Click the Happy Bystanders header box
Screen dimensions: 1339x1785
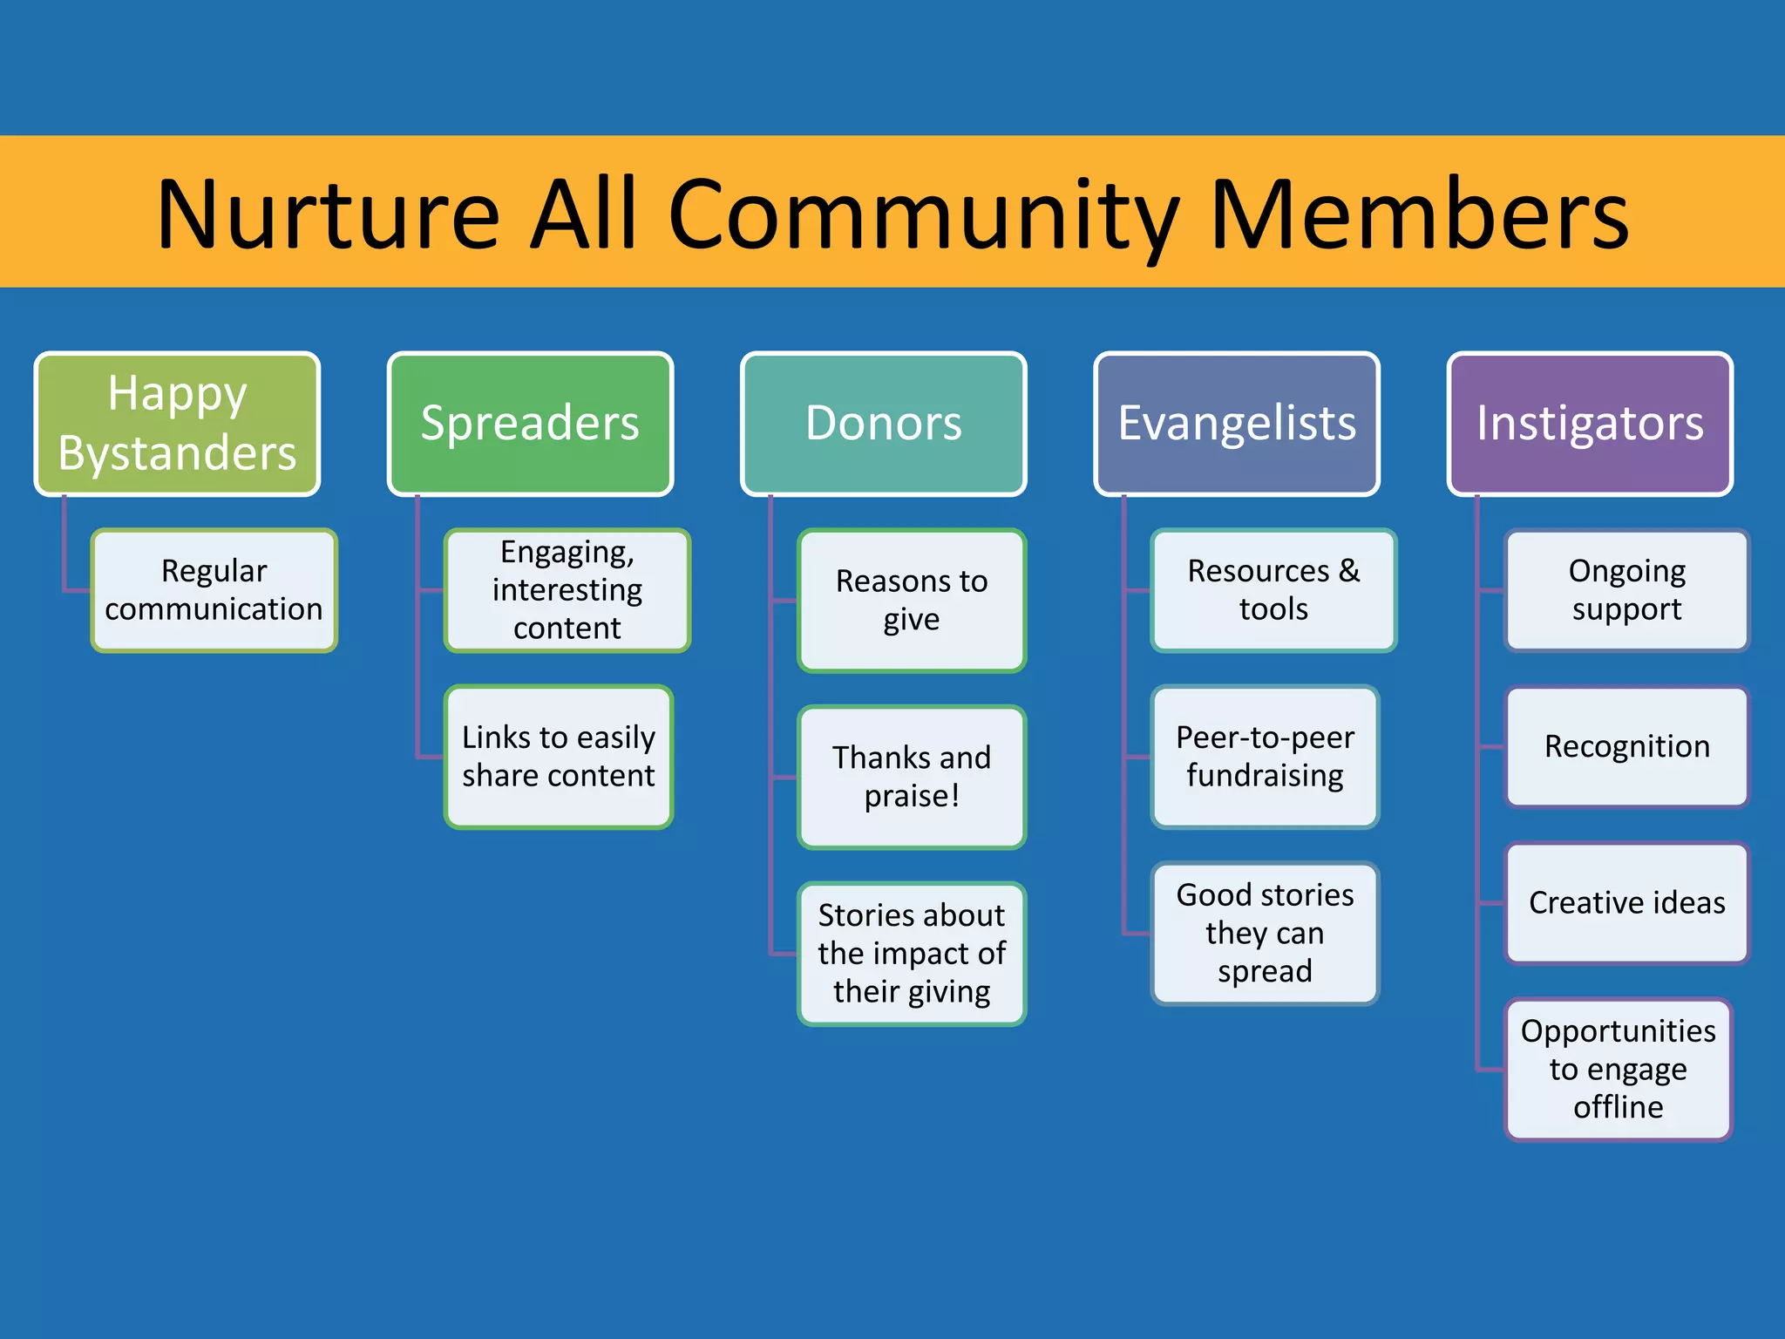(177, 424)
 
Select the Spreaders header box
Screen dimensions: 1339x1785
(530, 424)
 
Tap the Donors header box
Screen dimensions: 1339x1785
(883, 424)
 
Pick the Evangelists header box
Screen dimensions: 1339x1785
(1237, 424)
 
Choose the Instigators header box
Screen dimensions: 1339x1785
(1590, 424)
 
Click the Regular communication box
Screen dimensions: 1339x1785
(214, 590)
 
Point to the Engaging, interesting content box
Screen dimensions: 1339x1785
(567, 590)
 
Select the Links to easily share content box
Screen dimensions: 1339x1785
(559, 757)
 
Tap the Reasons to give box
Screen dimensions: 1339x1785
(912, 601)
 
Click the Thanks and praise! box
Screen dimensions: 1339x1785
(912, 777)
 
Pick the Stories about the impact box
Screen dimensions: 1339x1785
(912, 954)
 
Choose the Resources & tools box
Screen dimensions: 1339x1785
(1273, 590)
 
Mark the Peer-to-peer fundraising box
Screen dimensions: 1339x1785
(1265, 757)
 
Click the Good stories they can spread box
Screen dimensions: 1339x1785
(1265, 933)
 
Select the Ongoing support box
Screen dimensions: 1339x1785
(1626, 590)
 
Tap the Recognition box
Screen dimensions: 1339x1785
(1626, 747)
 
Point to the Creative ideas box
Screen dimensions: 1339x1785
(1626, 903)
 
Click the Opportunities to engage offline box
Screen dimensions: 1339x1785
(1618, 1069)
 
